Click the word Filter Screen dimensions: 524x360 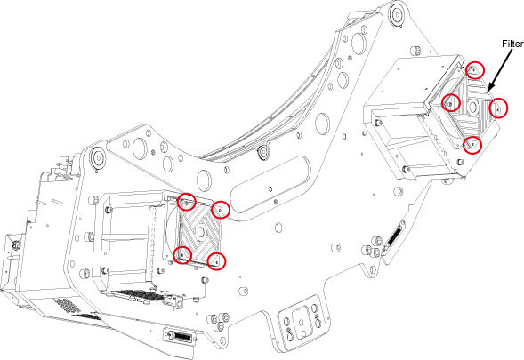tap(513, 44)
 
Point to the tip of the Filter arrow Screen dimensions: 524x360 tap(488, 92)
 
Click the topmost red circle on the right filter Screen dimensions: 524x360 tap(475, 70)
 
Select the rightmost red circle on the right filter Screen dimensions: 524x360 tap(498, 108)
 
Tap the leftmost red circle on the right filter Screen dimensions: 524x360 tap(450, 103)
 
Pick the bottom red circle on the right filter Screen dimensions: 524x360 tap(472, 145)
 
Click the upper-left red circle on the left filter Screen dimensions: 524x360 tap(187, 202)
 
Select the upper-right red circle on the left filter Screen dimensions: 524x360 tap(221, 210)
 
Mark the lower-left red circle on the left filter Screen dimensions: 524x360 tap(182, 255)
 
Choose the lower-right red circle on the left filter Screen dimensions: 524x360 tap(216, 261)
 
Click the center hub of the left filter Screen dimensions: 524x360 tap(201, 231)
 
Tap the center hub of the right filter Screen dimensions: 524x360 tap(472, 107)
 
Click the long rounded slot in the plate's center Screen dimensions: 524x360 tap(271, 184)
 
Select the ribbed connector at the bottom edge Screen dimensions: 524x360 tap(180, 336)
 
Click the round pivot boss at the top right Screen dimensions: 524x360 tap(397, 15)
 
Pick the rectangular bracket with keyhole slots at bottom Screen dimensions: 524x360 tap(302, 323)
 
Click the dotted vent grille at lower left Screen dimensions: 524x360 tap(68, 305)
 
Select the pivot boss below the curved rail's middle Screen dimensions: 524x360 tap(263, 152)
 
